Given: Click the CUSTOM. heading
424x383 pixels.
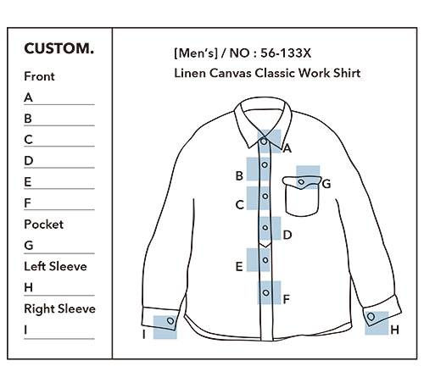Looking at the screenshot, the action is click(x=59, y=48).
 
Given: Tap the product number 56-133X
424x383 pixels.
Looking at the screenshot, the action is click(x=286, y=53).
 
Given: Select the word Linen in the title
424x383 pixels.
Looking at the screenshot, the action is click(x=190, y=73).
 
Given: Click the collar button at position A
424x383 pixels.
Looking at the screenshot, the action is click(x=264, y=141).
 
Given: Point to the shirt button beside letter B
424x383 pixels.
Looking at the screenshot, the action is click(x=265, y=164).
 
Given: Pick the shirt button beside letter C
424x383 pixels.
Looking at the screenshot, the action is click(x=265, y=196).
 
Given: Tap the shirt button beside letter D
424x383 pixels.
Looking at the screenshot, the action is click(x=265, y=227).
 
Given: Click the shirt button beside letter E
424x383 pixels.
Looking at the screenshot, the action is click(x=265, y=260).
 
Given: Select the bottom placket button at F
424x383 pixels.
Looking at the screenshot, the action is click(x=265, y=292).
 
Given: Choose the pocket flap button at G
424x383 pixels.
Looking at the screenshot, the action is click(x=301, y=182).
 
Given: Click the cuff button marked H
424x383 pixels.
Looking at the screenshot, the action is click(x=371, y=317).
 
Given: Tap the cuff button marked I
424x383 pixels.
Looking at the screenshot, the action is click(x=170, y=321).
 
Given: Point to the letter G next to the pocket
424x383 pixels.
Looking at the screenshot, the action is click(x=326, y=184).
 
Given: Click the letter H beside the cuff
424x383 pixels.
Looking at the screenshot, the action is click(x=394, y=330).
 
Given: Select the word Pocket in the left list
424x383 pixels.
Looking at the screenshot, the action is click(x=44, y=225).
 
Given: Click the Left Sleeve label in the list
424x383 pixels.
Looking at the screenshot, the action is click(x=55, y=266).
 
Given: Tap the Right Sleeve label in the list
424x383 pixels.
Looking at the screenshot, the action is click(x=59, y=308).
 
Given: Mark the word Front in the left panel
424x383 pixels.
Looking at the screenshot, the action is click(x=39, y=76).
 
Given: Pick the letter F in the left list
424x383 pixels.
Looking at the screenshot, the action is click(x=27, y=203).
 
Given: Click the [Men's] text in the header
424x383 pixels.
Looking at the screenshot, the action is click(x=196, y=53).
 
